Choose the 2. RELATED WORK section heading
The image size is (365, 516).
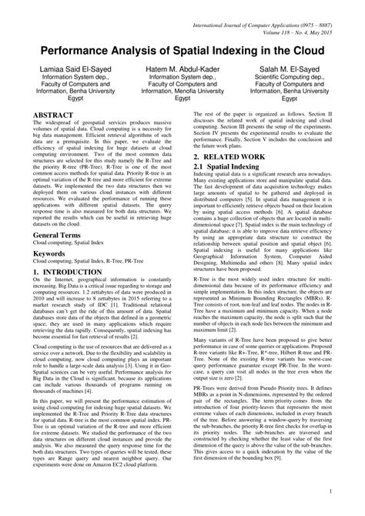click(x=233, y=156)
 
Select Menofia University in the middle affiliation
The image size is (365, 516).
click(x=182, y=89)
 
